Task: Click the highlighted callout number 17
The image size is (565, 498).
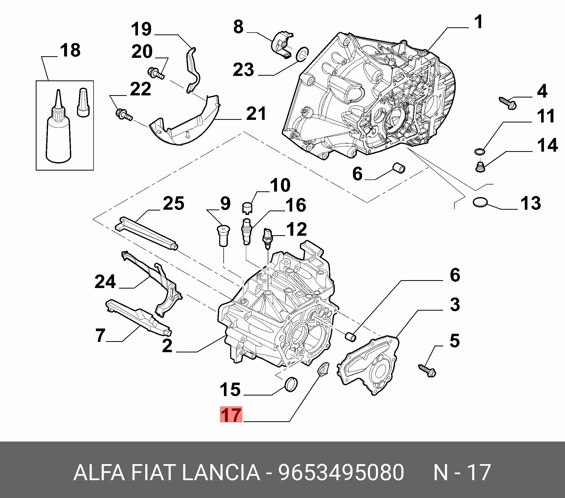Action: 231,414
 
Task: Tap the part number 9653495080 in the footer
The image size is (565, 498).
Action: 341,472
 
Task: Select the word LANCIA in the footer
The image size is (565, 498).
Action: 221,472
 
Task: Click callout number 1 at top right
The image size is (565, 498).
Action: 478,22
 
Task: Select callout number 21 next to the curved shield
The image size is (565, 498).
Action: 256,113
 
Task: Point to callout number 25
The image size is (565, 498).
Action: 173,203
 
